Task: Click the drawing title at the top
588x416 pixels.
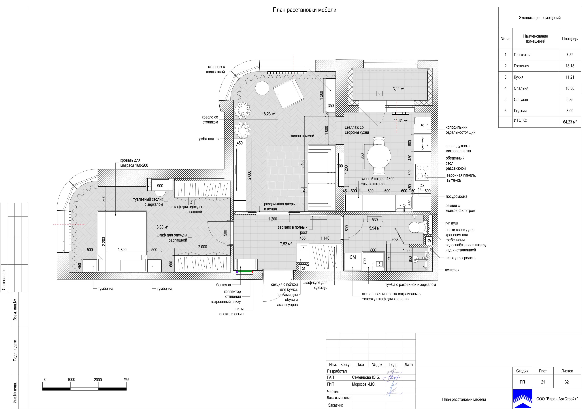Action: [305, 10]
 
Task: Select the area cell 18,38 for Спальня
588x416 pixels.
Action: [570, 88]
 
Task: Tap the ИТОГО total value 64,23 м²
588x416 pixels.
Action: [570, 122]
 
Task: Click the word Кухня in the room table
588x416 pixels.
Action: [519, 77]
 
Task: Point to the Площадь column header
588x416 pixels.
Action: [570, 39]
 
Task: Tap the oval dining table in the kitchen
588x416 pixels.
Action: [379, 156]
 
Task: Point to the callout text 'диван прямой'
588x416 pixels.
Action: [302, 136]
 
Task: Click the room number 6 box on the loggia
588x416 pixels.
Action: [380, 93]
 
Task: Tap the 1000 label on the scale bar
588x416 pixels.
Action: [71, 380]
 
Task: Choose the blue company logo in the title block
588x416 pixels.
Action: [522, 399]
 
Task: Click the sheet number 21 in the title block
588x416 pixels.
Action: [543, 382]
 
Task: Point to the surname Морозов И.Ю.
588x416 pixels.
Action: [364, 384]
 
